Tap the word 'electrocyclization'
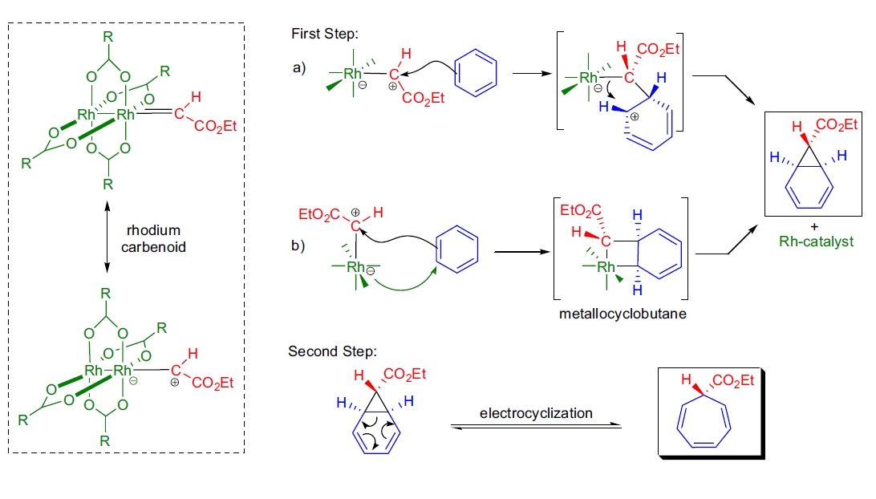[536, 413]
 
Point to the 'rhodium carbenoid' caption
[153, 239]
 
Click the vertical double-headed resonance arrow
[107, 239]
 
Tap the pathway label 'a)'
[299, 67]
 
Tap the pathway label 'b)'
[298, 245]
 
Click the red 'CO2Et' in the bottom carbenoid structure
[212, 383]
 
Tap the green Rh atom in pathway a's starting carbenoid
[352, 74]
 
